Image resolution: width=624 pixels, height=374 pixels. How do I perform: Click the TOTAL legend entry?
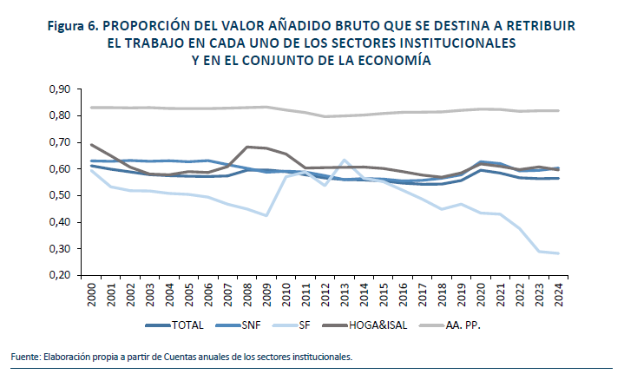pos(188,325)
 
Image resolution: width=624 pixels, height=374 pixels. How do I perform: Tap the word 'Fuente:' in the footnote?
pos(26,357)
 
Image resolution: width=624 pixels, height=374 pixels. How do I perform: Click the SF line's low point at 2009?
pos(266,215)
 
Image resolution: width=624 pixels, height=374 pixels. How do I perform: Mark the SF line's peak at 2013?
pos(345,160)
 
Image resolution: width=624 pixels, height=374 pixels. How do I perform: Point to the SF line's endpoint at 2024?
pos(558,253)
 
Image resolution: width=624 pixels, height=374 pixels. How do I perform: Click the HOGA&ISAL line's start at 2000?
pos(91,145)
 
